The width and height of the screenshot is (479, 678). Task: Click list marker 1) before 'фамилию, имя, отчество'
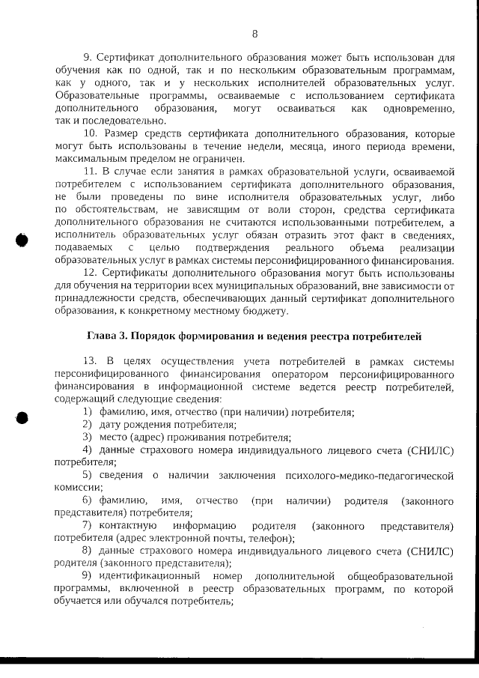pos(88,413)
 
